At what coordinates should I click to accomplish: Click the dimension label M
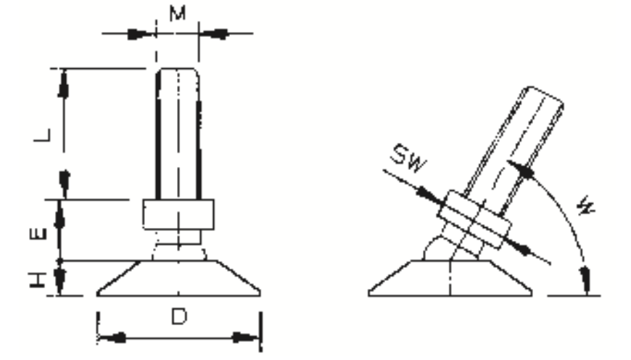[x=178, y=14]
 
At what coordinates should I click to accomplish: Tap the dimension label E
[x=38, y=234]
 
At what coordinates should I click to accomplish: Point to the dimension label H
[x=38, y=280]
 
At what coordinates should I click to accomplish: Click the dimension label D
[x=179, y=316]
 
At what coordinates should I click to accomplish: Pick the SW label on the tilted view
[x=408, y=157]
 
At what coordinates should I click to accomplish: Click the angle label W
[x=585, y=205]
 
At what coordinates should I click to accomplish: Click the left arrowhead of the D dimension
[x=112, y=337]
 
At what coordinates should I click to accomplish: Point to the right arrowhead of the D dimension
[x=245, y=337]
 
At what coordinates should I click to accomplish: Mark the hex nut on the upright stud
[x=178, y=214]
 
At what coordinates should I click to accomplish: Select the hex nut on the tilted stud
[x=475, y=219]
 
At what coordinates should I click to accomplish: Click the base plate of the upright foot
[x=178, y=278]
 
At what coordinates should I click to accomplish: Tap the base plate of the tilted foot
[x=450, y=278]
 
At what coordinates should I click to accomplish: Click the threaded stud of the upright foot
[x=178, y=134]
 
